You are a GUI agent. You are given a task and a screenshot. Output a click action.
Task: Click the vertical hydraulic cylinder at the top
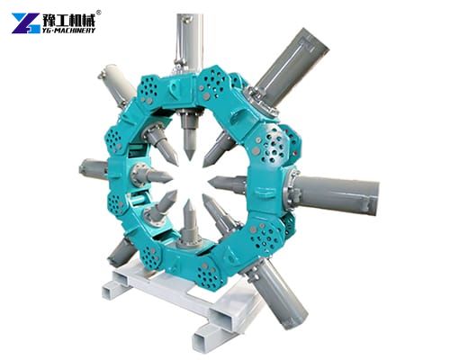188,36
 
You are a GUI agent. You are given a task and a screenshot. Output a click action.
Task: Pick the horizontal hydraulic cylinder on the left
92,167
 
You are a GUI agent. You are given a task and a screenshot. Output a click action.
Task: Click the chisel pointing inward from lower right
221,212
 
